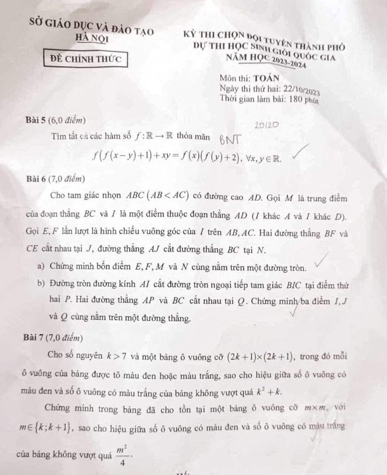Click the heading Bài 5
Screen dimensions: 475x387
pyautogui.click(x=40, y=119)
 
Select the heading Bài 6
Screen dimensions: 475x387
pyautogui.click(x=40, y=179)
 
